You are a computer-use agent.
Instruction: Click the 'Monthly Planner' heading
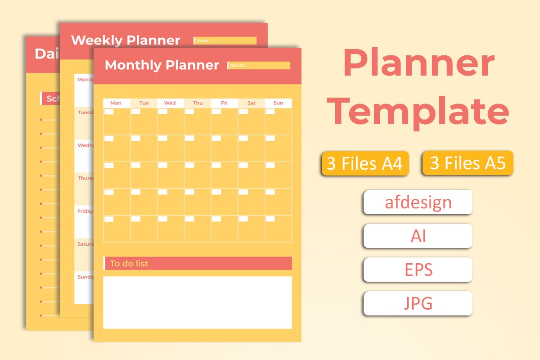162,65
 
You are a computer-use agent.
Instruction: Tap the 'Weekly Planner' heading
126,40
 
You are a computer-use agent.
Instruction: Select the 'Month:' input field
259,66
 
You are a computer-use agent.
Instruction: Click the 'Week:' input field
225,41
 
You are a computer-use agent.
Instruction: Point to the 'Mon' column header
116,103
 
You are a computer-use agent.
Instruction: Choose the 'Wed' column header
170,103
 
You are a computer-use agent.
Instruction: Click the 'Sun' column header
278,103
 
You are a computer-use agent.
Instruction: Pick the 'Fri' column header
224,103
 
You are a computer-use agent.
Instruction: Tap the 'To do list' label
129,264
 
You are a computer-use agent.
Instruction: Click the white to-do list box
197,302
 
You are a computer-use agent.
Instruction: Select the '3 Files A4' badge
364,163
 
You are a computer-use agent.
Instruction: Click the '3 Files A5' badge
468,163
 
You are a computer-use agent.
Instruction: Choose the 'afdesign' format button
418,202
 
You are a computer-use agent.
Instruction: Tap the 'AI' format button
418,236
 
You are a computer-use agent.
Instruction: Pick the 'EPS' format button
418,270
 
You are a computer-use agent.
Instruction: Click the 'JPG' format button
418,303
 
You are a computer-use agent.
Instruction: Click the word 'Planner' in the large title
418,64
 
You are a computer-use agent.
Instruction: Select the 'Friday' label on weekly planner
85,211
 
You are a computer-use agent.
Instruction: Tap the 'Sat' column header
251,103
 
